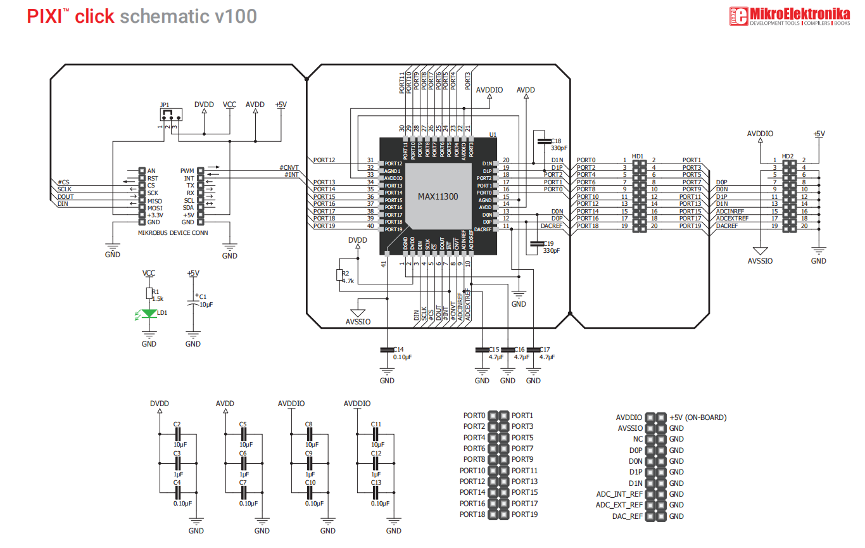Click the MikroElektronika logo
click(789, 16)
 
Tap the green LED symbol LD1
click(149, 313)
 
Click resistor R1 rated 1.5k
click(149, 293)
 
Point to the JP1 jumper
click(170, 115)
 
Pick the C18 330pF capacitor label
click(555, 144)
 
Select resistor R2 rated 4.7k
click(340, 274)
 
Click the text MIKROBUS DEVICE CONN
click(173, 233)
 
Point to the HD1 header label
click(638, 156)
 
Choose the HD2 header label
click(788, 156)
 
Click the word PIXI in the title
click(44, 16)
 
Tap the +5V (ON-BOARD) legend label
click(697, 417)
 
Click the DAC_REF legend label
click(628, 516)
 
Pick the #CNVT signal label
click(289, 168)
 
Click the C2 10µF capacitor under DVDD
click(177, 433)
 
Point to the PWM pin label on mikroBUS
click(187, 170)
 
